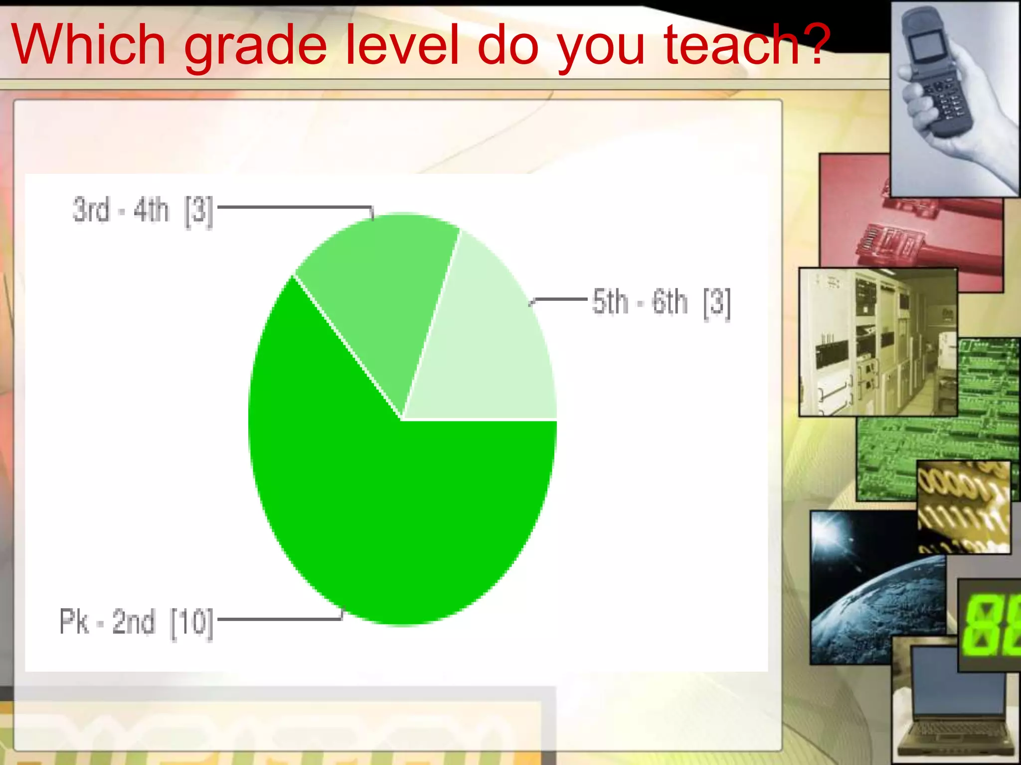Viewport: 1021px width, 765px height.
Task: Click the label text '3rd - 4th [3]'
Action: (x=143, y=210)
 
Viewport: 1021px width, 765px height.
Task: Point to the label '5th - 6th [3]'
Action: (x=661, y=302)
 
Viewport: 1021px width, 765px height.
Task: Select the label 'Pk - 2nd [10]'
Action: (x=136, y=622)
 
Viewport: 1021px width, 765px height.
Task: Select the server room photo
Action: (x=877, y=344)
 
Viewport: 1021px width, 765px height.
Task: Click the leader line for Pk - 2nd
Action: (x=279, y=619)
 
